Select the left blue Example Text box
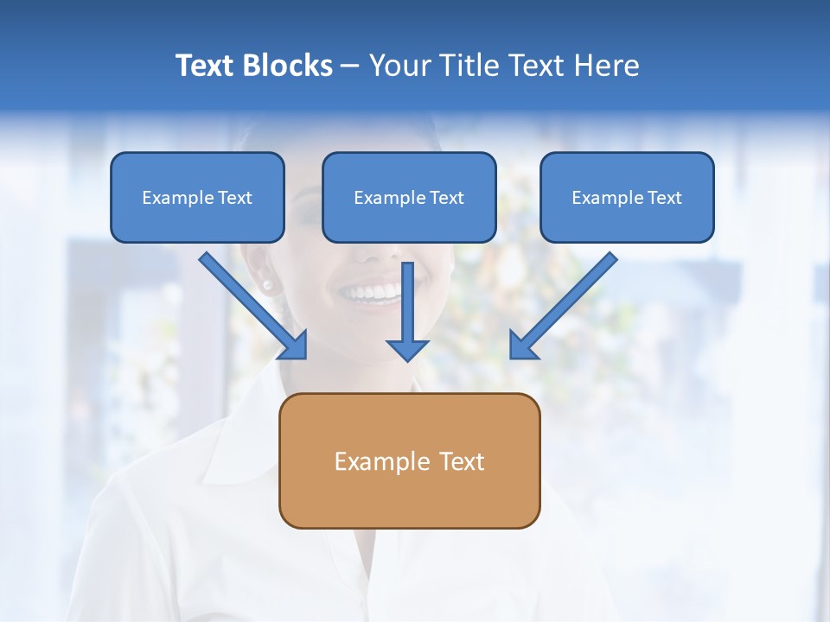point(197,198)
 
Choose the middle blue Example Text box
point(409,198)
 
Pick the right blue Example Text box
point(627,198)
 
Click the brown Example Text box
point(409,461)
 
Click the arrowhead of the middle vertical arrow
point(407,349)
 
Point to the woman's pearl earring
point(266,284)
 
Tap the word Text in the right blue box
point(664,198)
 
